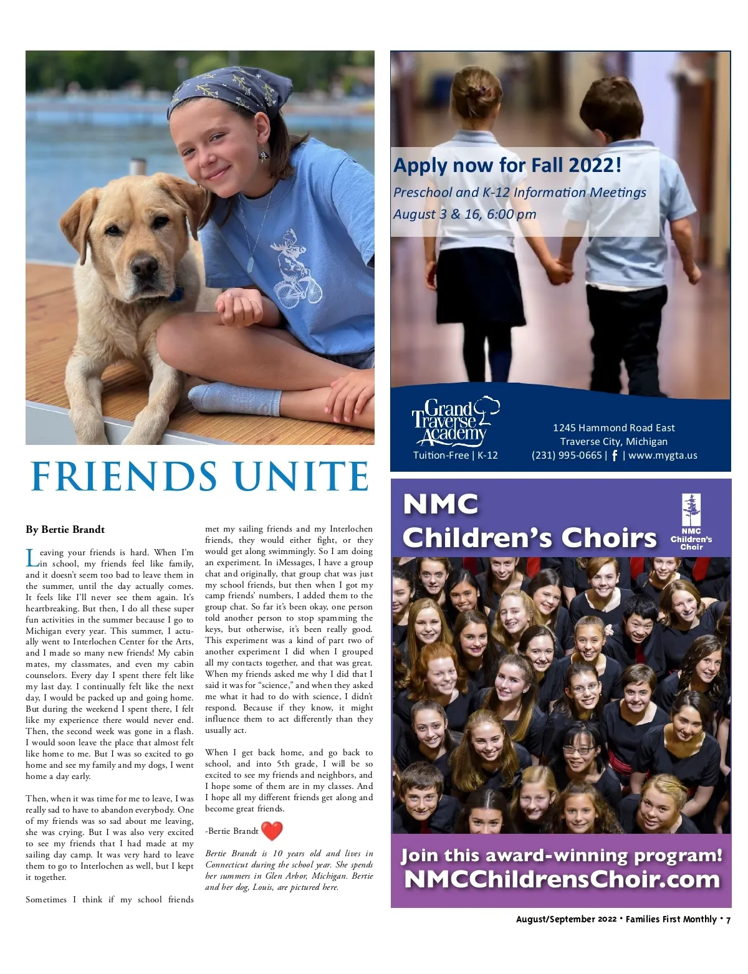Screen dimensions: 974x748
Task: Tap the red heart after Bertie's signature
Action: (272, 830)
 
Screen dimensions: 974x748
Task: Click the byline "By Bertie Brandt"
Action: (65, 530)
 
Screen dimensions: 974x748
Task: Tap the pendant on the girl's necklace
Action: (251, 264)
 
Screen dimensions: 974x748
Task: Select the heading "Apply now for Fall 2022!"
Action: (507, 165)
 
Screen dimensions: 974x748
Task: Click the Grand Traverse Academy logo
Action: (455, 422)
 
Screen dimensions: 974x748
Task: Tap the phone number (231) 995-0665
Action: (567, 455)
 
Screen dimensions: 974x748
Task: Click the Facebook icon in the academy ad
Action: (615, 456)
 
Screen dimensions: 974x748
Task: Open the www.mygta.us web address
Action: (663, 455)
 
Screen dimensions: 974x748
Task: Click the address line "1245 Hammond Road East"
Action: (613, 427)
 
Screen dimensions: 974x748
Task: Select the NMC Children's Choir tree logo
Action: (691, 522)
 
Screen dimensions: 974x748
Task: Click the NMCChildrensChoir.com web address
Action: (562, 879)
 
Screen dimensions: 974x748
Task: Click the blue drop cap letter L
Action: (32, 558)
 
